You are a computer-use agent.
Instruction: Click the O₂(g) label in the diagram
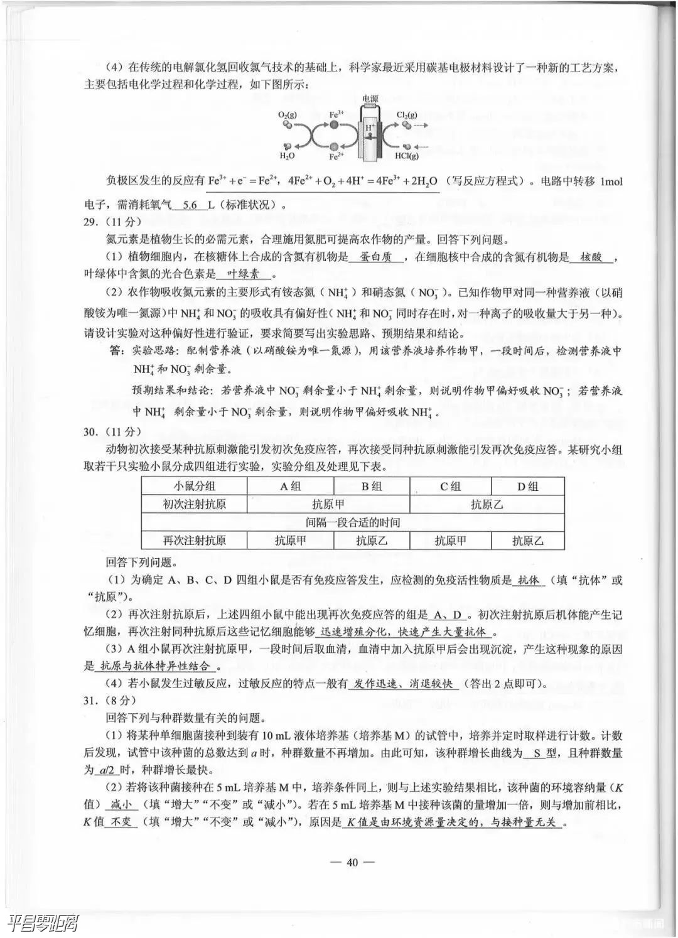click(288, 116)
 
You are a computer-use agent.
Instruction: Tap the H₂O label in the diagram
click(287, 156)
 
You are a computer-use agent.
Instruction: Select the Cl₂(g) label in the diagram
click(407, 115)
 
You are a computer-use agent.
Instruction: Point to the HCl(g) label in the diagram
click(407, 156)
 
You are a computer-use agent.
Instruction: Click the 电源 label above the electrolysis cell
click(370, 99)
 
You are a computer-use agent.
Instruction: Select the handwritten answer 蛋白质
click(375, 257)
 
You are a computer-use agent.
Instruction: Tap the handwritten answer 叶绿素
click(244, 274)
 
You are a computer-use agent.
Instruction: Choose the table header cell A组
click(290, 486)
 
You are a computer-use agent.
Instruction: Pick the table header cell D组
click(527, 486)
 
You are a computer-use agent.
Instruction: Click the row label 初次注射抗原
click(195, 504)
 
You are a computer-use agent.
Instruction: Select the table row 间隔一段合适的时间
click(353, 522)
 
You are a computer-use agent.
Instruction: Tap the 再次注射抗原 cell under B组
click(371, 541)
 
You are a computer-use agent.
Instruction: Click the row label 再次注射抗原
click(195, 541)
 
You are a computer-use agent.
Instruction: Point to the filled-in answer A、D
click(448, 615)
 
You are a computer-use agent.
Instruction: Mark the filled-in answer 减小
click(121, 805)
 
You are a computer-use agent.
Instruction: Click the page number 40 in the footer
click(352, 862)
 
